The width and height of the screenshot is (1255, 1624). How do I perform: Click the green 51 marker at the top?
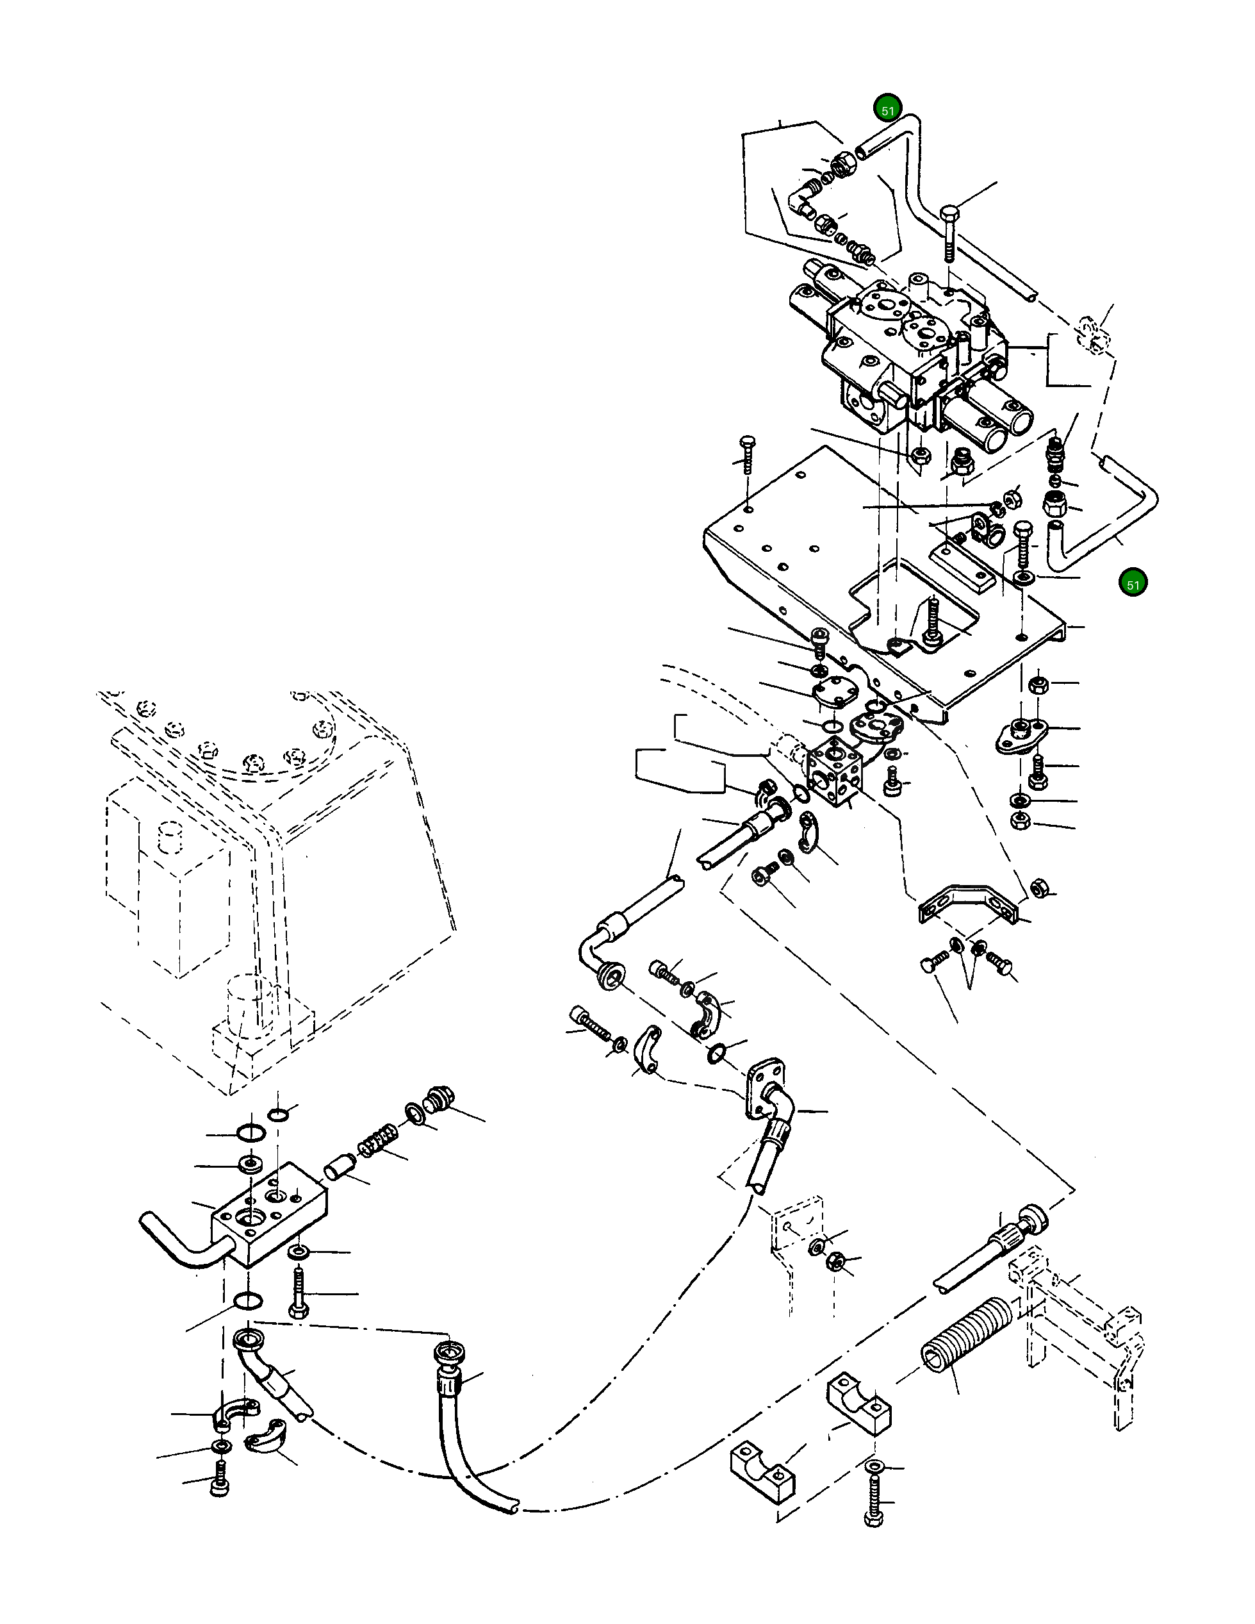(887, 110)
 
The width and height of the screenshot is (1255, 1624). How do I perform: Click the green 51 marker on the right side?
(1133, 584)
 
